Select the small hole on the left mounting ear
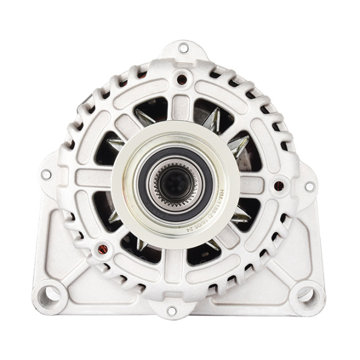(x=46, y=175)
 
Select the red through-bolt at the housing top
(x=181, y=78)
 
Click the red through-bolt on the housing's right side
(x=278, y=186)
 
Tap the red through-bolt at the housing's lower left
(x=102, y=248)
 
